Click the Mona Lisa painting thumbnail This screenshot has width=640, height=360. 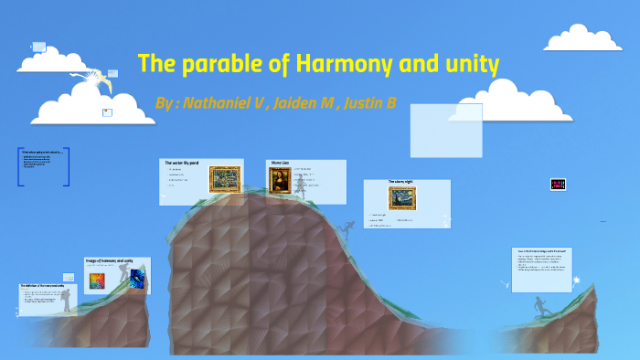[x=280, y=181]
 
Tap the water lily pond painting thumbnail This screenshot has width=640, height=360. [x=224, y=178]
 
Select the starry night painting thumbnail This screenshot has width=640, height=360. [x=402, y=198]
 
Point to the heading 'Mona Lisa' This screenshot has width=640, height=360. [x=280, y=163]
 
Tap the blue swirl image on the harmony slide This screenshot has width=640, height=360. [x=136, y=279]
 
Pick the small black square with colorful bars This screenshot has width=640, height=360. [x=557, y=184]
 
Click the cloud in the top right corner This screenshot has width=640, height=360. [x=582, y=37]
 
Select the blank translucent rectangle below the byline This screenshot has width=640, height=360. [x=445, y=130]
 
